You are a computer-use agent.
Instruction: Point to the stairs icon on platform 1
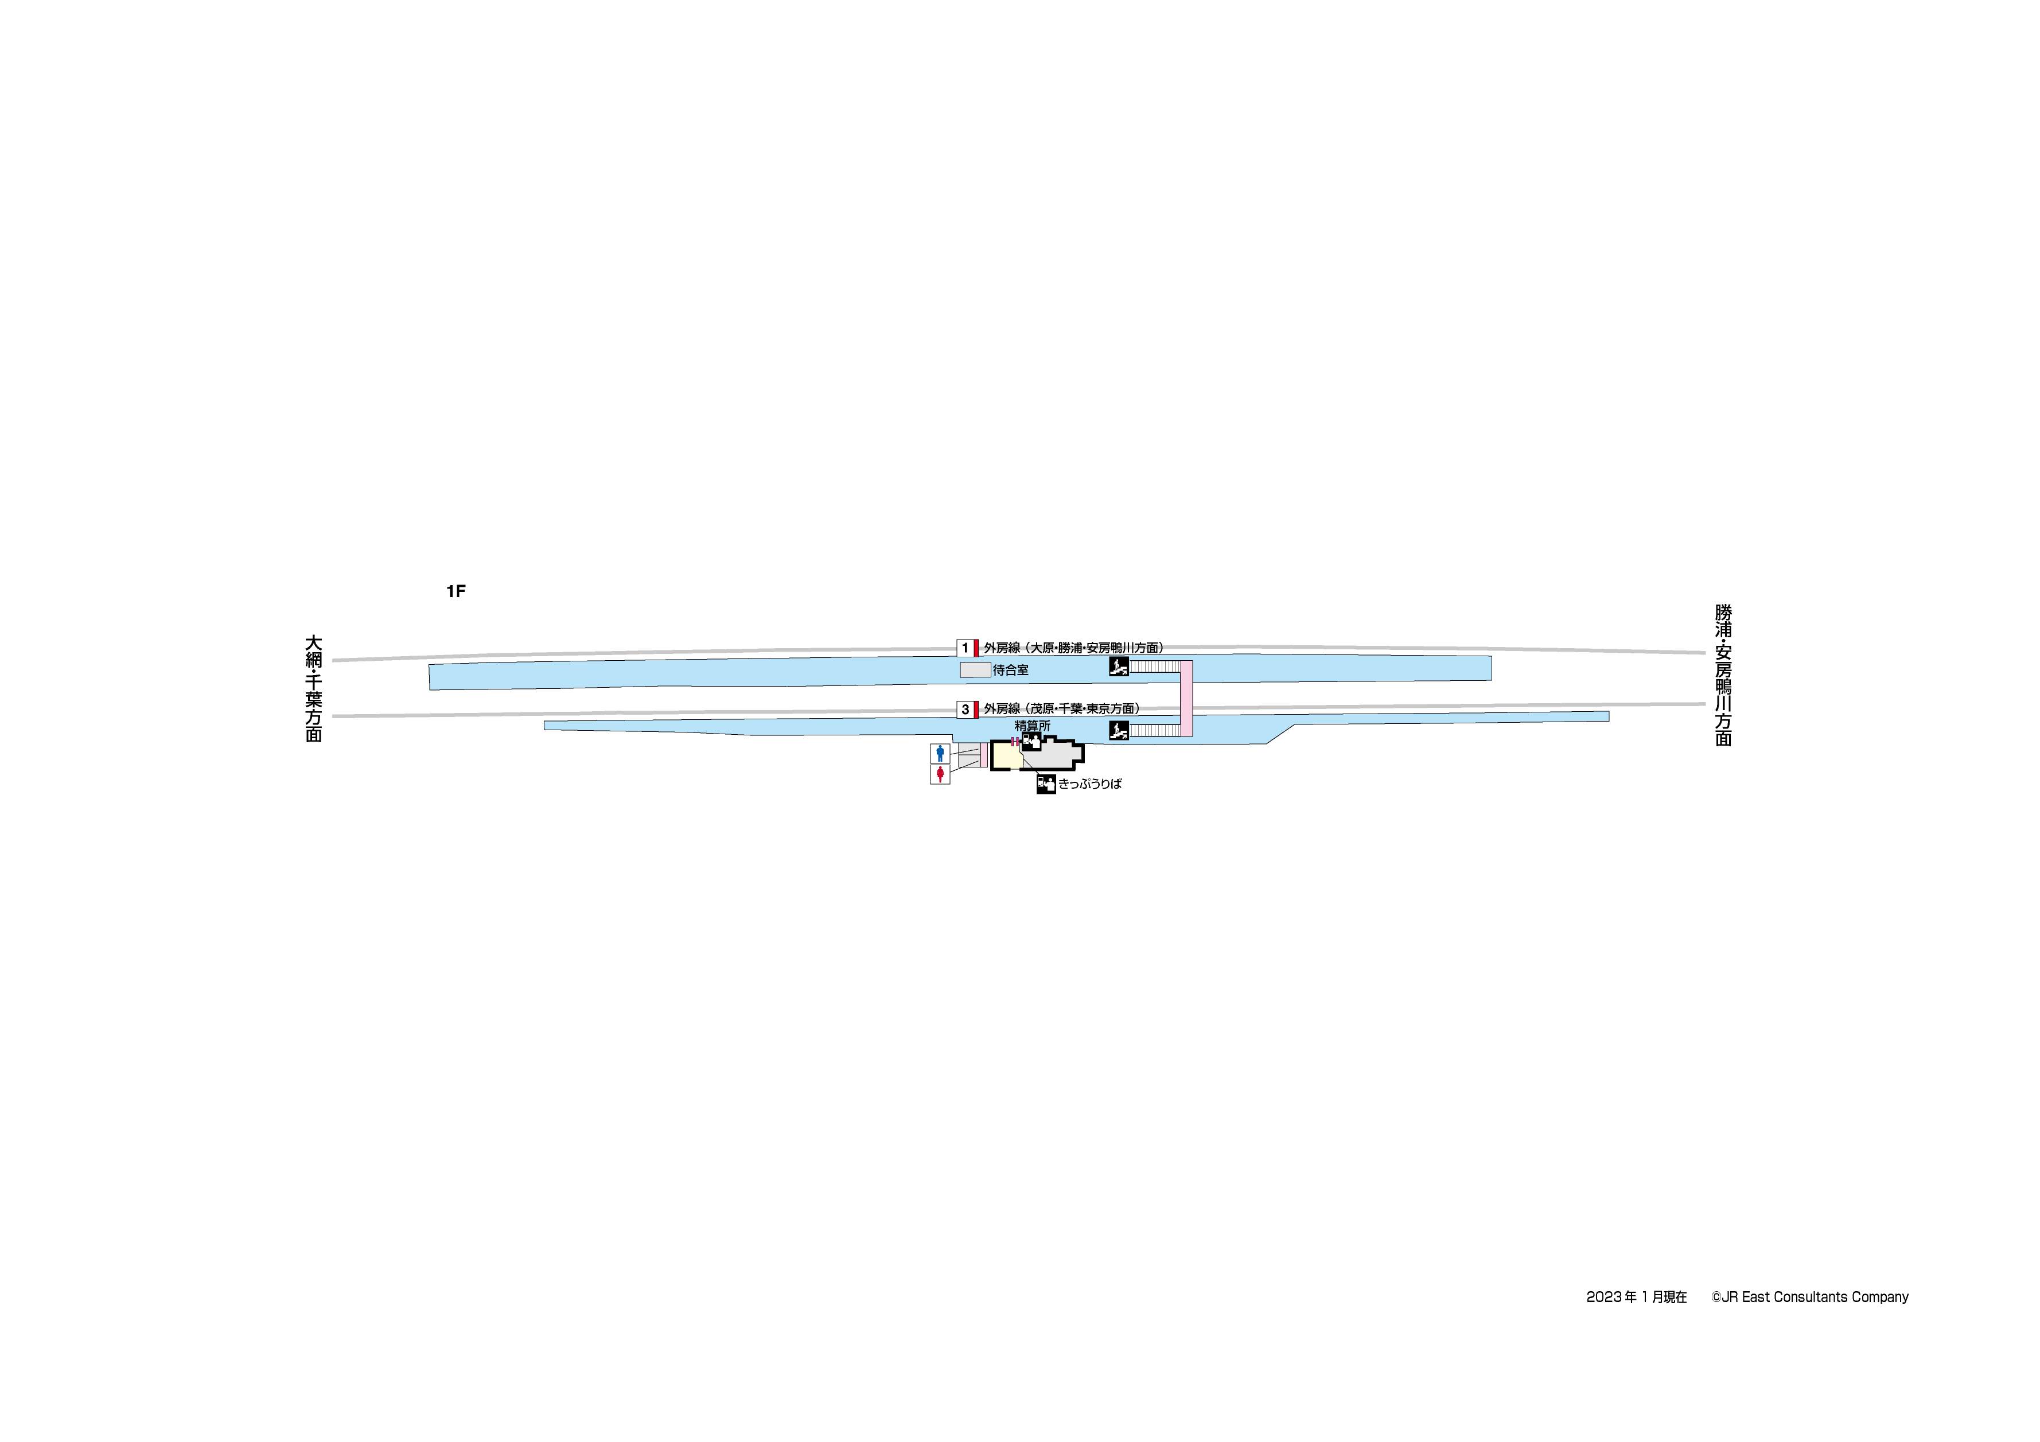[x=1119, y=667]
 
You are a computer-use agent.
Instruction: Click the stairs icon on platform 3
[x=1119, y=730]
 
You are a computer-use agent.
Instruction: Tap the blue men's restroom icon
[x=940, y=754]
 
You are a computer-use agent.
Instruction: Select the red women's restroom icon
[x=940, y=775]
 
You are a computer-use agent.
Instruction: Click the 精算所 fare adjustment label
[x=1033, y=726]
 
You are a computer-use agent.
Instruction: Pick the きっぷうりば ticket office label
[x=1090, y=784]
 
